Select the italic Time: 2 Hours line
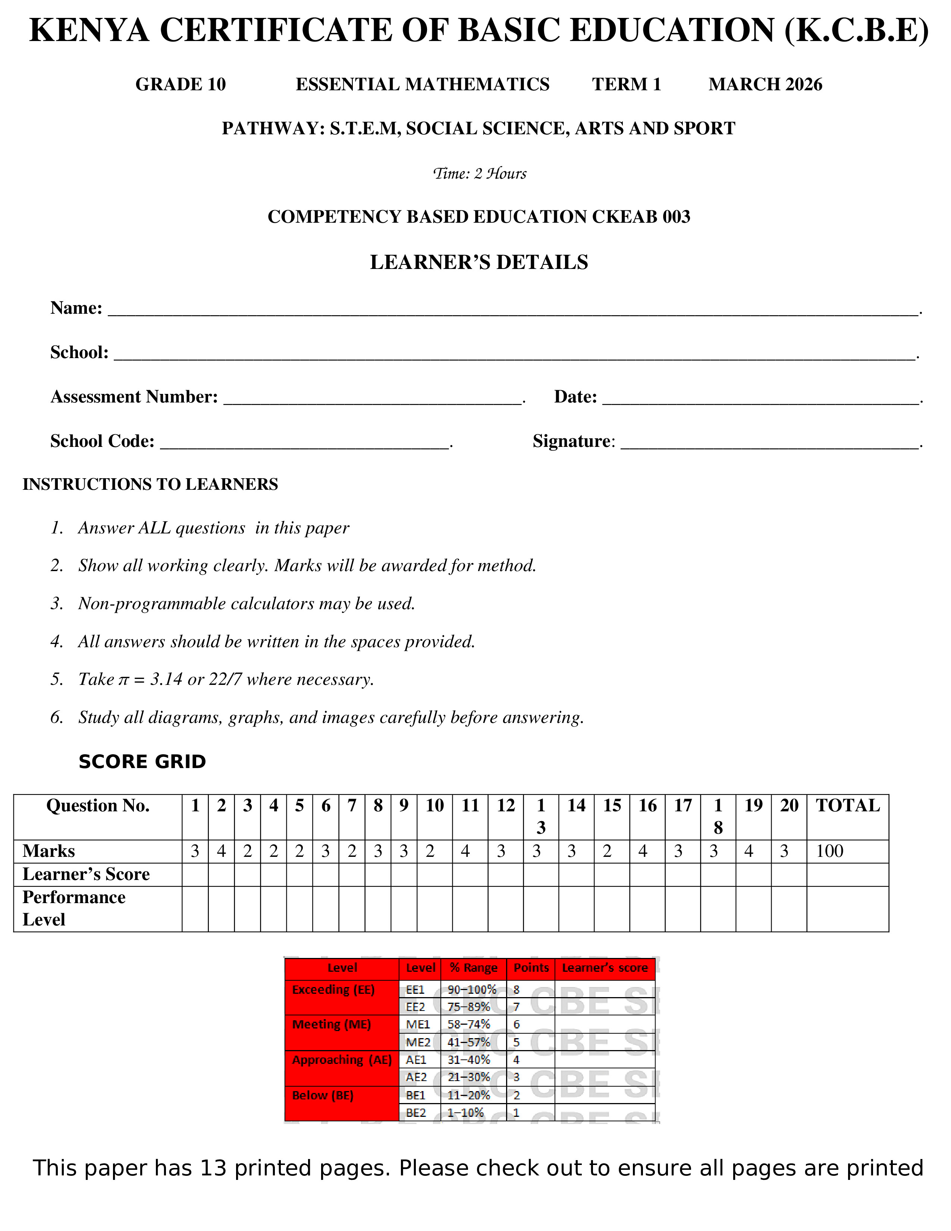pos(480,173)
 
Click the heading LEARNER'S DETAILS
pos(479,262)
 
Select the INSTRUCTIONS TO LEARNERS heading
pos(150,484)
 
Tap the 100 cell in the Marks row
pos(829,851)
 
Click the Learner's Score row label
pos(86,874)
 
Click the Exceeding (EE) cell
pos(333,990)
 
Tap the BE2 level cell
pos(416,1113)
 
